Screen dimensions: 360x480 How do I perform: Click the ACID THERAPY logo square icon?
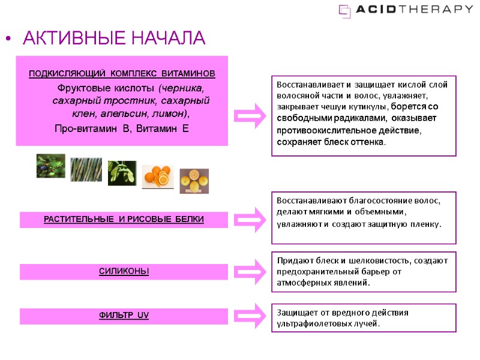pyautogui.click(x=345, y=10)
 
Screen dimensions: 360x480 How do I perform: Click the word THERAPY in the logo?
pyautogui.click(x=439, y=9)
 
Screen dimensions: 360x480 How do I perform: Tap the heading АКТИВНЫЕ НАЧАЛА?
pyautogui.click(x=114, y=39)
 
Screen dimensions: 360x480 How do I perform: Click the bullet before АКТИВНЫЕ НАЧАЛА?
pyautogui.click(x=8, y=40)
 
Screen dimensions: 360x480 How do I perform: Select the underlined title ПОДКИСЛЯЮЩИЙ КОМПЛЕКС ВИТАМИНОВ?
pyautogui.click(x=122, y=74)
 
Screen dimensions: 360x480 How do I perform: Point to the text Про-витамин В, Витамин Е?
pyautogui.click(x=121, y=128)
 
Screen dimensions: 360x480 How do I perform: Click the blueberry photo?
pyautogui.click(x=50, y=166)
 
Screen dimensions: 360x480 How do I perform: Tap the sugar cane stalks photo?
pyautogui.click(x=86, y=169)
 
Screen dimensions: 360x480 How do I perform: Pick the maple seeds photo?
pyautogui.click(x=122, y=173)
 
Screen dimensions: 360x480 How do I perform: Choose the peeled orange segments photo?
pyautogui.click(x=158, y=176)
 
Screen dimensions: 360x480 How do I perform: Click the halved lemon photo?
pyautogui.click(x=194, y=180)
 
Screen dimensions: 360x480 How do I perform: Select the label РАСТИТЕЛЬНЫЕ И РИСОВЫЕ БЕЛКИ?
pyautogui.click(x=124, y=220)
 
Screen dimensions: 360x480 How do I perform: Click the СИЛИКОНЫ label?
pyautogui.click(x=124, y=272)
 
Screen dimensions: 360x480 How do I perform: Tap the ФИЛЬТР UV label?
pyautogui.click(x=124, y=316)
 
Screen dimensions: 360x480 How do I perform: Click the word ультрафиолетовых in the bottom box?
pyautogui.click(x=310, y=324)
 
